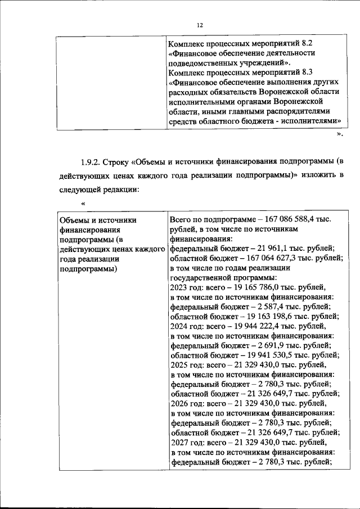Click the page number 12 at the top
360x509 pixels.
[x=199, y=24]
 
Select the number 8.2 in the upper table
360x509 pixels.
[x=304, y=43]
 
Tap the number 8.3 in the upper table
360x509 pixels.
[x=304, y=73]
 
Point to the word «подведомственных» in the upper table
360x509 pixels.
[x=206, y=62]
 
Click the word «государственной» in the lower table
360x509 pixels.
[x=199, y=277]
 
